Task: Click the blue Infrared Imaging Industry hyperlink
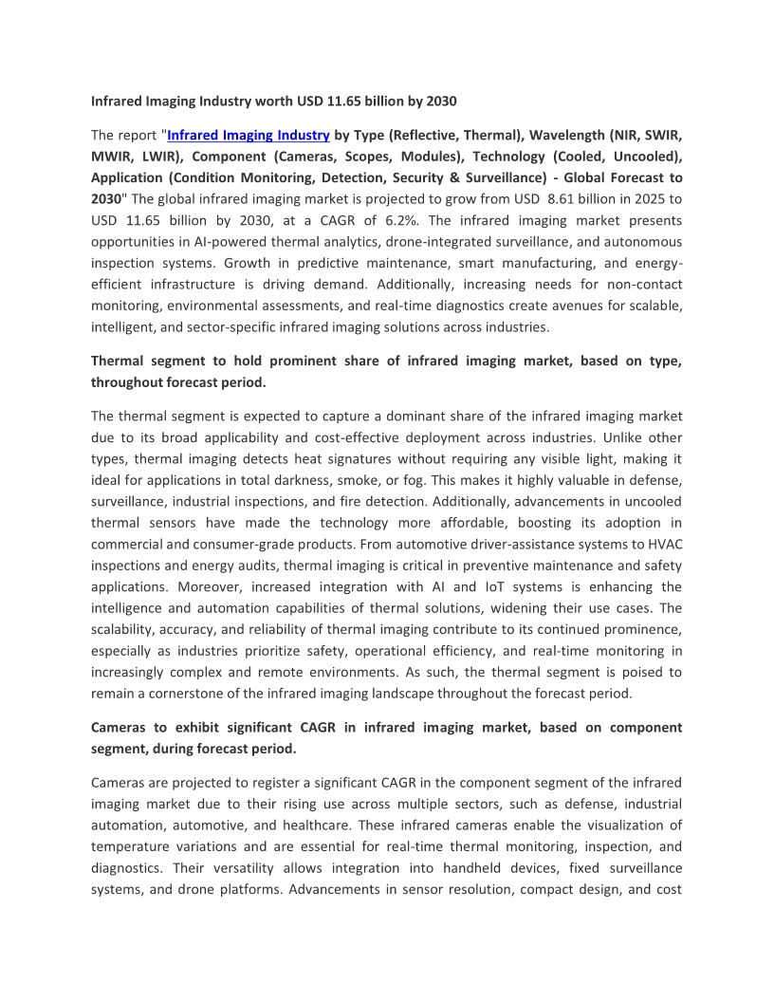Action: pyautogui.click(x=249, y=135)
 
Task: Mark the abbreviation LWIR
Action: pyautogui.click(x=168, y=157)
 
